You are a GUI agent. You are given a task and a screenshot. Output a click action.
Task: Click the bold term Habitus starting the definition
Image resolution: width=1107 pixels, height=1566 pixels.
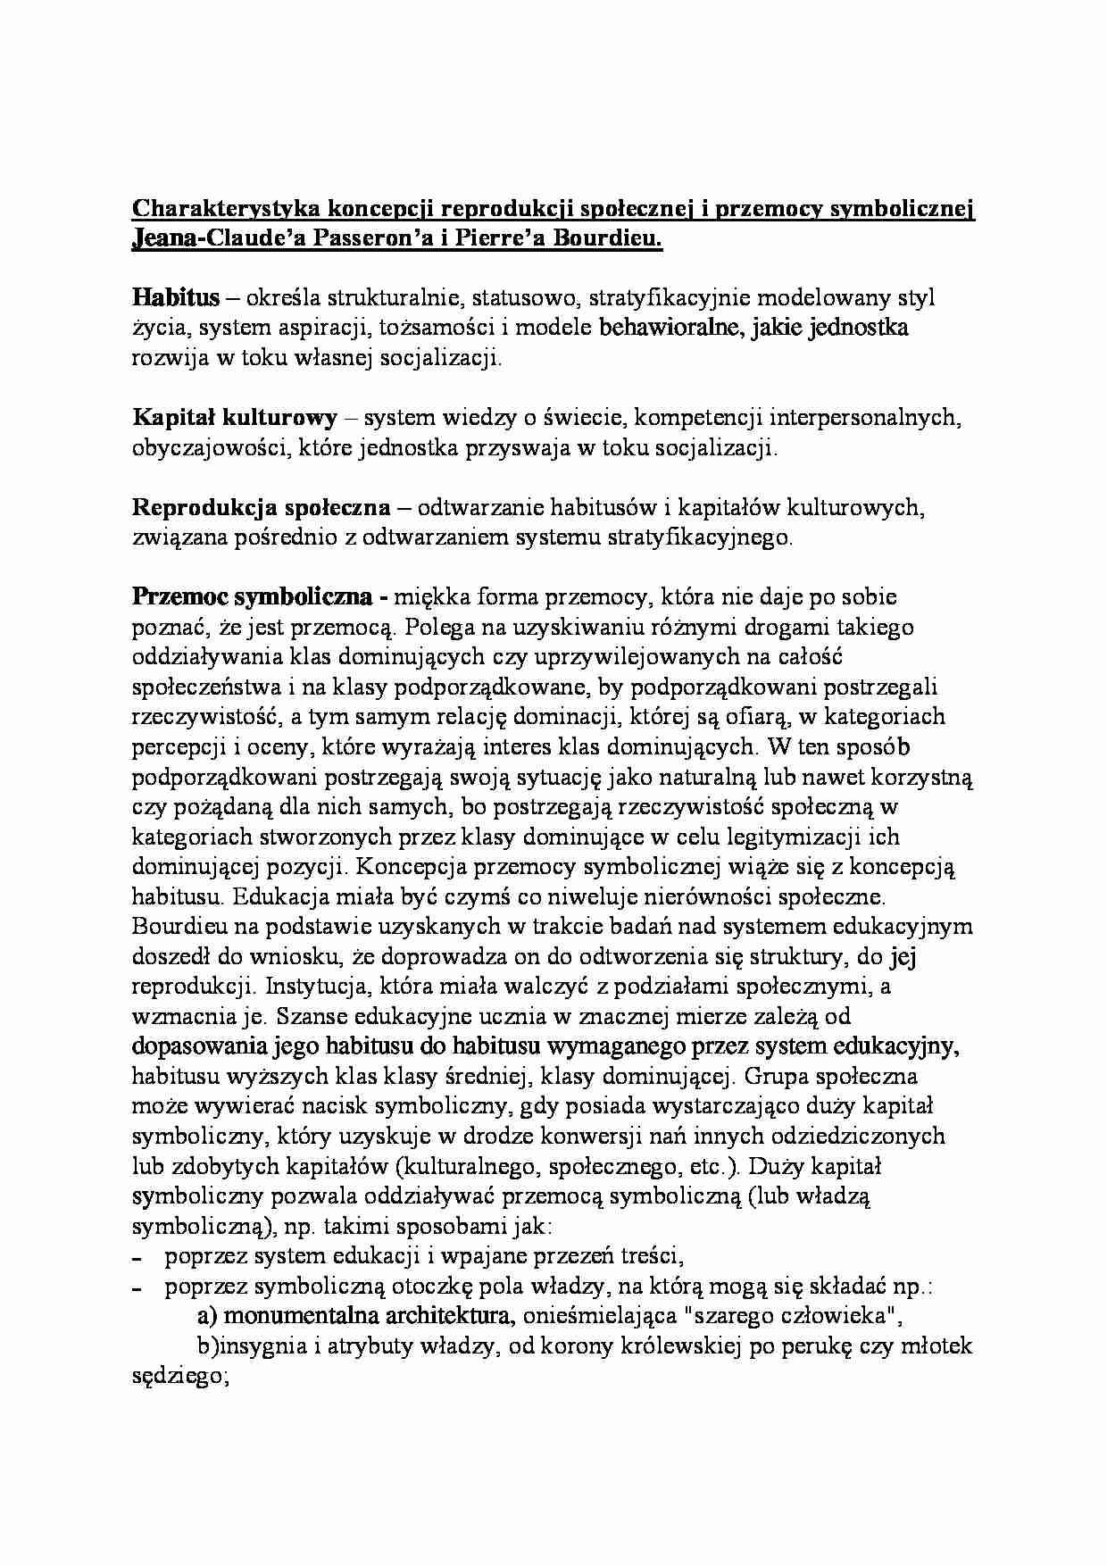point(176,298)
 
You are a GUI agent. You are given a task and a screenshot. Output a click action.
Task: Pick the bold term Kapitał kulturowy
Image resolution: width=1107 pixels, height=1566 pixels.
point(235,418)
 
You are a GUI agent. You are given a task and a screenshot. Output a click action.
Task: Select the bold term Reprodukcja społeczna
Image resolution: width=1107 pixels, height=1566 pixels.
point(261,508)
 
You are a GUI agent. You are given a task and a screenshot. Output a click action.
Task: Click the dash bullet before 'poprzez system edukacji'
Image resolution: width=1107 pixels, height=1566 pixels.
point(137,1258)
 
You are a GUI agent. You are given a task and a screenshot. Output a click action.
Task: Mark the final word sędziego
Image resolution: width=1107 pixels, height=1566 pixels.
point(179,1378)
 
